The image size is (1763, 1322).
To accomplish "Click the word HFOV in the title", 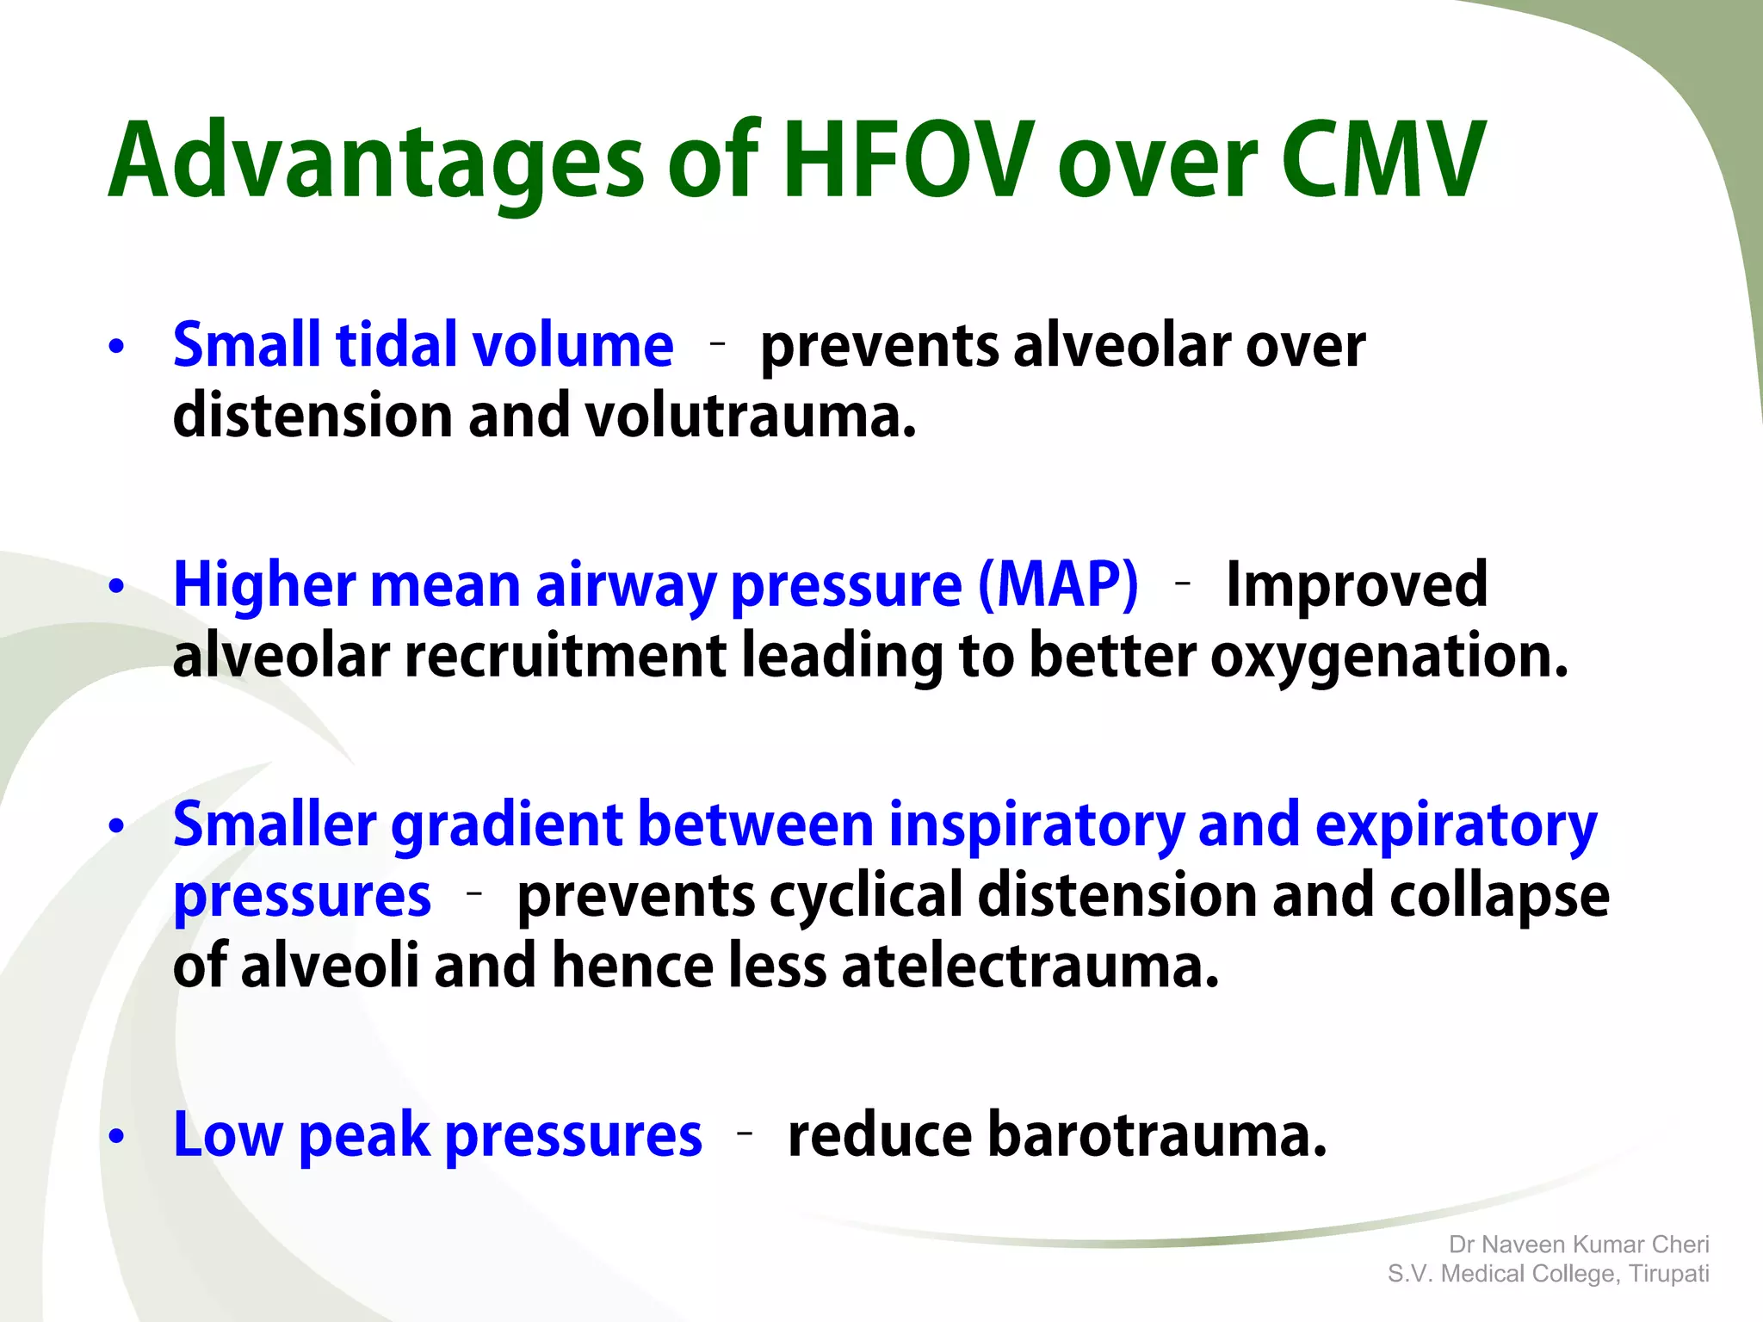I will (x=908, y=161).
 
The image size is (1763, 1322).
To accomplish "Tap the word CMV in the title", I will (x=1383, y=161).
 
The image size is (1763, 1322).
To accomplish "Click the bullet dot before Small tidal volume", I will (x=117, y=347).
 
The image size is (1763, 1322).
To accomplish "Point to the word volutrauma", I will (x=750, y=416).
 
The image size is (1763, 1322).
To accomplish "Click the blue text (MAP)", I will (x=1058, y=584).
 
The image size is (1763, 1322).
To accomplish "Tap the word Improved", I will (x=1356, y=584).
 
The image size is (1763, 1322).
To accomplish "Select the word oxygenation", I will (x=1389, y=657).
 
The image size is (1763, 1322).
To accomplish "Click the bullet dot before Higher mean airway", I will (x=117, y=587).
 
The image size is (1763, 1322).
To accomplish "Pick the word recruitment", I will (x=566, y=657).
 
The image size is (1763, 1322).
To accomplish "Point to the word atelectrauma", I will (x=1030, y=966).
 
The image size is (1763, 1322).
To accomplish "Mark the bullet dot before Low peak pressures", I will (x=117, y=1137).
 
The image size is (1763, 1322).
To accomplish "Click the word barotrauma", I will (x=1057, y=1135).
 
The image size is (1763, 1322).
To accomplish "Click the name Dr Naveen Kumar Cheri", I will (x=1578, y=1245).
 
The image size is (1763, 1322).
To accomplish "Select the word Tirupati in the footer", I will (x=1668, y=1274).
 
